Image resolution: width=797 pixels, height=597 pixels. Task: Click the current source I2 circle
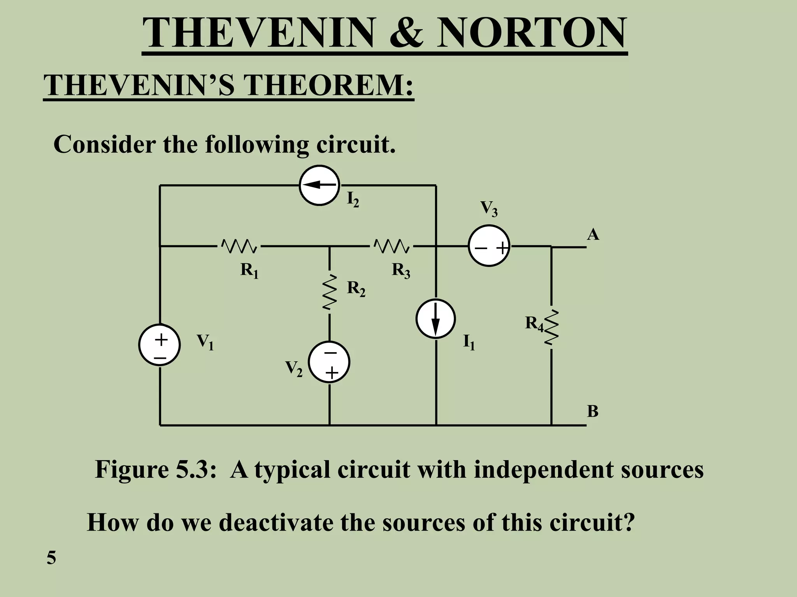[x=319, y=185]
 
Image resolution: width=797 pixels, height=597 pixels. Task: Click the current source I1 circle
[x=435, y=319]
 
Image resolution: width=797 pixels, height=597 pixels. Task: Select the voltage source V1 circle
[x=159, y=345]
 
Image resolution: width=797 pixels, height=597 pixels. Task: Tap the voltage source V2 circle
[x=329, y=362]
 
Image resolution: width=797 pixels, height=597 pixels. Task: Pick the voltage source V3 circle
[x=489, y=246]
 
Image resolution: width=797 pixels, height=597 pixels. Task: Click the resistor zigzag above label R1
[x=239, y=246]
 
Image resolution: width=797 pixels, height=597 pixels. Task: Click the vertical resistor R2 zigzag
[x=329, y=292]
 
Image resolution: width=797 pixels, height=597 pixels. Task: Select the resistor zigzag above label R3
[x=391, y=246]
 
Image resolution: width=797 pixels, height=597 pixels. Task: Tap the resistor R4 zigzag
[x=551, y=327]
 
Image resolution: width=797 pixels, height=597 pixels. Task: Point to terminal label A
[x=593, y=235]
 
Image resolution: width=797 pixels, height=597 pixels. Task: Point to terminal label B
[x=592, y=411]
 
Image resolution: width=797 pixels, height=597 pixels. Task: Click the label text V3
[x=489, y=208]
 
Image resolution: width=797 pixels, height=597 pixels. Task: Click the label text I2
[x=353, y=200]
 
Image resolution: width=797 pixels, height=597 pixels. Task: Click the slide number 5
[x=51, y=558]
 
